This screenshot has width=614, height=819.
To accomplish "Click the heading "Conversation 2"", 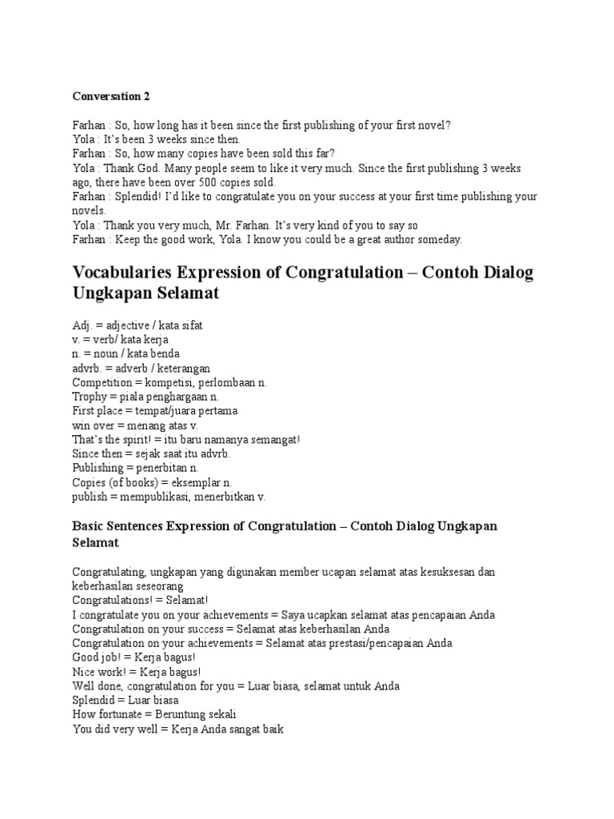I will (111, 97).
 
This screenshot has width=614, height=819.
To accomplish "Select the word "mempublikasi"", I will (155, 497).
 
